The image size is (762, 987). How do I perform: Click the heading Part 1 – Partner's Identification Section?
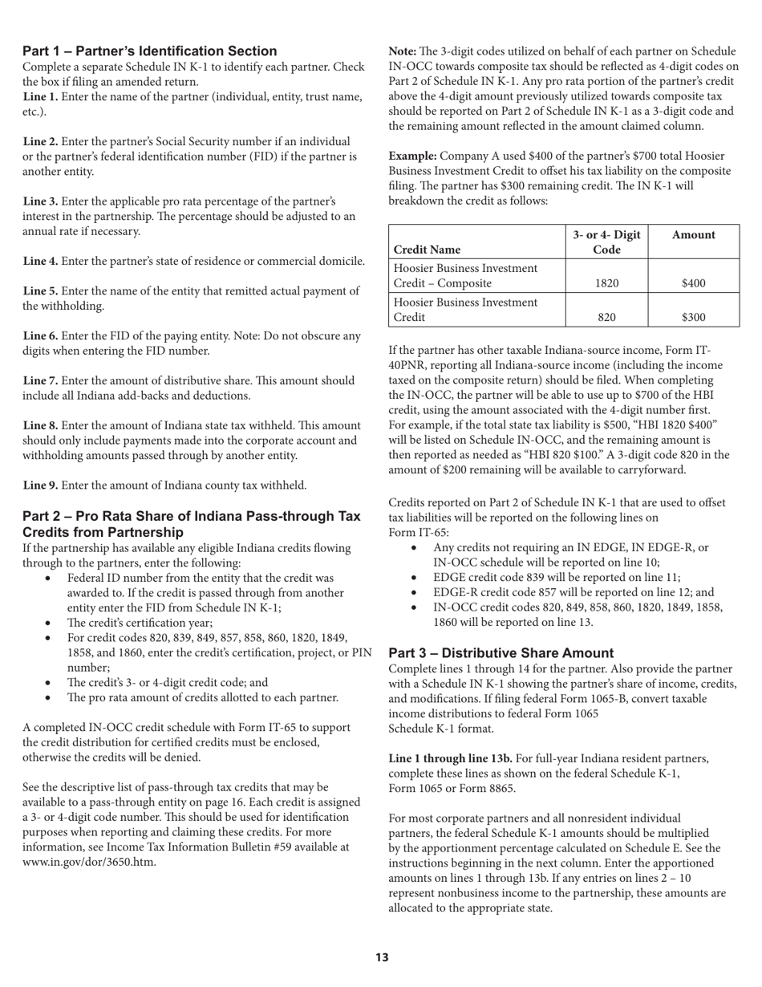click(150, 51)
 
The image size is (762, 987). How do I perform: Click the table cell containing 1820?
click(606, 283)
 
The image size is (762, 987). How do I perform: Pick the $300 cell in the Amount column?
click(693, 318)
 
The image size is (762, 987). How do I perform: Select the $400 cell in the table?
click(693, 283)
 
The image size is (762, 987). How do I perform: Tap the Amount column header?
click(693, 235)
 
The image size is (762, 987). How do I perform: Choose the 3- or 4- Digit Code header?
click(606, 242)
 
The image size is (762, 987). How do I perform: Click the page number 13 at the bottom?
click(381, 957)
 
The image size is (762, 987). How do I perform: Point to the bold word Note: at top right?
click(403, 51)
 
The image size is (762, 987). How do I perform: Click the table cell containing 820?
click(606, 318)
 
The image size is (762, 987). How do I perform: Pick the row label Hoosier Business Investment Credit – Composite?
click(464, 275)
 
